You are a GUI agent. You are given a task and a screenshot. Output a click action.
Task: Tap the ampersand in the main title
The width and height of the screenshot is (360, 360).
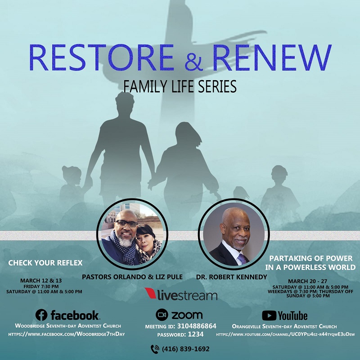(x=193, y=61)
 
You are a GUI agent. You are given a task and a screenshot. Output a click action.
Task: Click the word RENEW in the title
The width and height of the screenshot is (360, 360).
(x=272, y=58)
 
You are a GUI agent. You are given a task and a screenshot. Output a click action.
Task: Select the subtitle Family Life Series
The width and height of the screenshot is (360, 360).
(x=180, y=86)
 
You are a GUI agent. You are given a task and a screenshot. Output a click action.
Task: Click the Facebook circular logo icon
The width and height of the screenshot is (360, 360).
(x=41, y=315)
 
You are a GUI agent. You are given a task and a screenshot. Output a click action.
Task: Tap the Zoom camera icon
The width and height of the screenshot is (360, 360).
(x=162, y=315)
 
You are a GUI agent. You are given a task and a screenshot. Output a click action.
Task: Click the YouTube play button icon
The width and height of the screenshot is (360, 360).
(x=269, y=315)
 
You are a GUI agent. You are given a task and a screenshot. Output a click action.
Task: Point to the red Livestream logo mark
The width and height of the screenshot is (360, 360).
(x=151, y=293)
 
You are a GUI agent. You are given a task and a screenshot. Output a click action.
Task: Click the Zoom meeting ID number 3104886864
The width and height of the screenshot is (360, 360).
(x=197, y=326)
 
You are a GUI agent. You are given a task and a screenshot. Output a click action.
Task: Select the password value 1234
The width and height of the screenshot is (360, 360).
(x=196, y=334)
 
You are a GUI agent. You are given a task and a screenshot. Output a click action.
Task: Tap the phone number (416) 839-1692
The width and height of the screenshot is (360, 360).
(x=186, y=349)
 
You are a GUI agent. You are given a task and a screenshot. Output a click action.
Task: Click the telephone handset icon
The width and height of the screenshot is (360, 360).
(x=155, y=349)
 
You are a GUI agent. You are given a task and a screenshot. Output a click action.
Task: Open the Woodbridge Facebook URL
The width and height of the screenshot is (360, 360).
(x=67, y=334)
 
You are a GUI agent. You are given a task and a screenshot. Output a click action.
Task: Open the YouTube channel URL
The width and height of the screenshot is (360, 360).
(x=285, y=334)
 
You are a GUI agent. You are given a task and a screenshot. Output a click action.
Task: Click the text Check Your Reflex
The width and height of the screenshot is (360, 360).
(x=45, y=263)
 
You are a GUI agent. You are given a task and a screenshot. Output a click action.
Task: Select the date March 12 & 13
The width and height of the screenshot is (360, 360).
(x=41, y=280)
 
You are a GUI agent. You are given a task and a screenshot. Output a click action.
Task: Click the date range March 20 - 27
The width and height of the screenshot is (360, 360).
(x=308, y=281)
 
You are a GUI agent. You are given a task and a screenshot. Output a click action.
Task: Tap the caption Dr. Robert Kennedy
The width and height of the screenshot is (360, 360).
(x=231, y=277)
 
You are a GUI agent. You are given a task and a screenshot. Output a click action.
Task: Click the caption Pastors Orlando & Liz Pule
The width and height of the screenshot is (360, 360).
(x=132, y=277)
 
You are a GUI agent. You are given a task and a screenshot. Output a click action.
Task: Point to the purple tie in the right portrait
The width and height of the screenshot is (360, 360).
(x=242, y=259)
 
